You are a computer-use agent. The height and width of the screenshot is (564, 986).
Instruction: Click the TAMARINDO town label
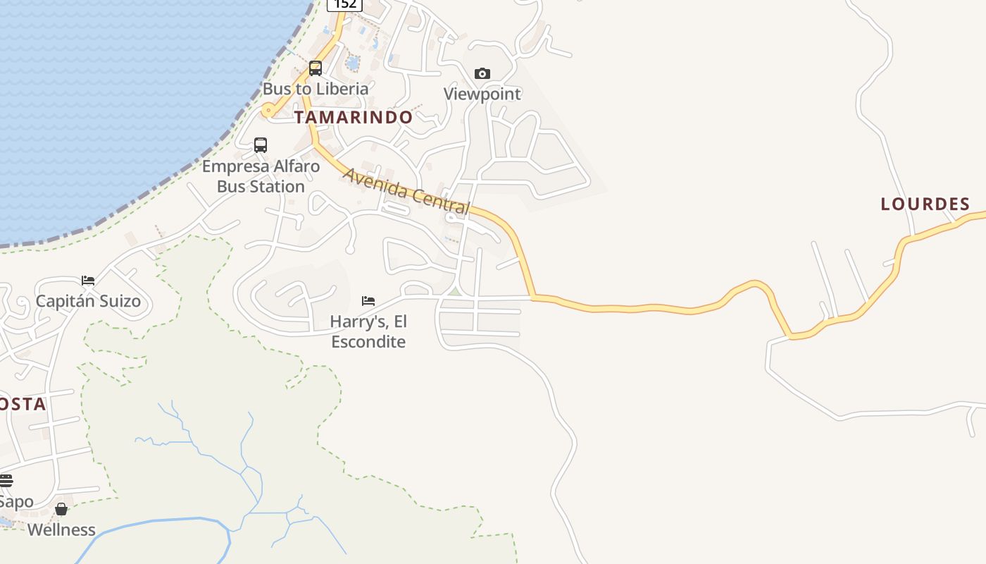353,117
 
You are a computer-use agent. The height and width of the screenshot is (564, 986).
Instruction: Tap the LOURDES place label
925,204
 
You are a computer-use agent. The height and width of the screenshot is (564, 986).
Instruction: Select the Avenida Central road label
406,190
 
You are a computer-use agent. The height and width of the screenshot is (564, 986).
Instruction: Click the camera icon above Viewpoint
482,73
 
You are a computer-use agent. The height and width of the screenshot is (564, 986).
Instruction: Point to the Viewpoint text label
482,94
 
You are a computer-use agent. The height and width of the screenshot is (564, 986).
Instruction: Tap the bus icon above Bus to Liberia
316,68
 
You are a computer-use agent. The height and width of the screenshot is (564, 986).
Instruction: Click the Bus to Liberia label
316,89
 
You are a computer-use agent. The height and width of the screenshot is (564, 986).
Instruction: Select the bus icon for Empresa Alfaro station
261,145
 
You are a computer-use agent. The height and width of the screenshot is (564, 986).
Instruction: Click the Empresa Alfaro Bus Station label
261,176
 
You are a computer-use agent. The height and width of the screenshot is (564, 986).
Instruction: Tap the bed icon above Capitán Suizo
88,281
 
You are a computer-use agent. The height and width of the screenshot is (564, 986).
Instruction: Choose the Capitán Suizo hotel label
88,301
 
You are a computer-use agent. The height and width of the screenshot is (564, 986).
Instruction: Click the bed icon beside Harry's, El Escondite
368,301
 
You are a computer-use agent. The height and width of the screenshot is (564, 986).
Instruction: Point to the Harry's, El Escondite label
368,331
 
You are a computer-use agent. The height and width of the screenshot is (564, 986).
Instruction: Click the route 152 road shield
344,4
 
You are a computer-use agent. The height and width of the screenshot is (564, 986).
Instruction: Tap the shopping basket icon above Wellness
61,509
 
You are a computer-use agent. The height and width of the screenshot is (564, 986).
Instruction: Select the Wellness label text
61,529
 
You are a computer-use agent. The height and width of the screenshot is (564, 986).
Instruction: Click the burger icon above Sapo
6,481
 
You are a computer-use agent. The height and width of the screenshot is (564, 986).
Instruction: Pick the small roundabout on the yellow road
268,110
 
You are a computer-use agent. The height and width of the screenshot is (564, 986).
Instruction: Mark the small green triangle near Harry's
455,291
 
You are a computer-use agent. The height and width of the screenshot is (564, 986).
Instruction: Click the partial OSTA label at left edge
23,404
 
